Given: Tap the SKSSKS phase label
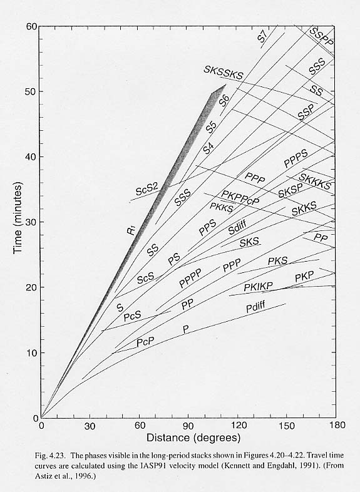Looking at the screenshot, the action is (224, 73).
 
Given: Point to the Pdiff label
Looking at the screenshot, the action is (256, 307).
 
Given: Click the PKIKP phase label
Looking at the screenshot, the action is (259, 286).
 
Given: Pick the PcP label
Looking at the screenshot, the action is (145, 342).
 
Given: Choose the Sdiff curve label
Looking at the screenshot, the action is (237, 227).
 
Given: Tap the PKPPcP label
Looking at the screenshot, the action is (240, 198).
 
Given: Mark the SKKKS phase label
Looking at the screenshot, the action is (315, 182).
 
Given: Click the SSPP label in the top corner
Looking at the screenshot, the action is (321, 37).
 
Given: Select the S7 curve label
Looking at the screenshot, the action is (262, 37).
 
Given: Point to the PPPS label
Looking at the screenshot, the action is (296, 159).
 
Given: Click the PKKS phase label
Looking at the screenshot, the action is (221, 207).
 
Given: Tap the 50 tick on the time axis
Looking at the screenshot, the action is (31, 91).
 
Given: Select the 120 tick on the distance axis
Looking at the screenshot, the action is (239, 425).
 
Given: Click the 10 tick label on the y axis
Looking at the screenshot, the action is (31, 352).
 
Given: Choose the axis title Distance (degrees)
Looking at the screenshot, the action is (193, 438).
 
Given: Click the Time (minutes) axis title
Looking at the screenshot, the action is (18, 218).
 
